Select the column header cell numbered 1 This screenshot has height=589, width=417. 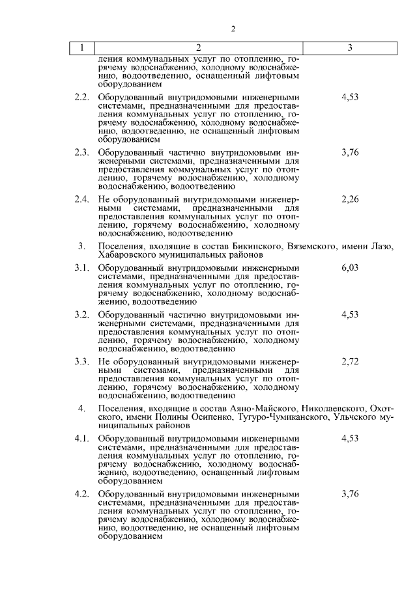pos(82,48)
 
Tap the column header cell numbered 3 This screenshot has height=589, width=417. pos(350,48)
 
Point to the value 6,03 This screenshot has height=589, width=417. pos(350,267)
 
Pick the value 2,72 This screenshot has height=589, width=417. pos(350,361)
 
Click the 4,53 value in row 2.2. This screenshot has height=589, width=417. pos(350,97)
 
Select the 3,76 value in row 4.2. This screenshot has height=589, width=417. pos(350,494)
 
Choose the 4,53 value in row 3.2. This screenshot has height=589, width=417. pos(350,314)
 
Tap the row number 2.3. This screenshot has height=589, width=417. pos(81,152)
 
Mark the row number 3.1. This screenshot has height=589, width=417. pos(81,267)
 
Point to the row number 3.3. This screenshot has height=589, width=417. pos(81,361)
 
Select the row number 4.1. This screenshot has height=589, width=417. pos(81,439)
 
